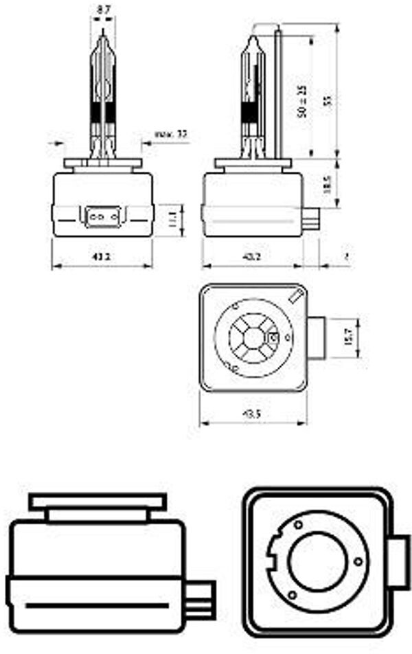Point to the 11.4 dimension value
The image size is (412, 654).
(172, 220)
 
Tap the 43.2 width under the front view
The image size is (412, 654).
(101, 257)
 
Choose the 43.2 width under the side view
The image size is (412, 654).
(252, 257)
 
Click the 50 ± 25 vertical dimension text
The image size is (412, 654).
(301, 102)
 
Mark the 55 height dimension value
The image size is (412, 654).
(328, 100)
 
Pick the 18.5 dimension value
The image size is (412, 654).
(328, 183)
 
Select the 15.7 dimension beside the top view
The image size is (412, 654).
(348, 337)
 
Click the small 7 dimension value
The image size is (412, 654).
(347, 256)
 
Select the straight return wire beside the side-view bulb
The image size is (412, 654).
(278, 89)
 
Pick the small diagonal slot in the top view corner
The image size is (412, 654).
(297, 297)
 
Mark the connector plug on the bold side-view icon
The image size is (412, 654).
(203, 596)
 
